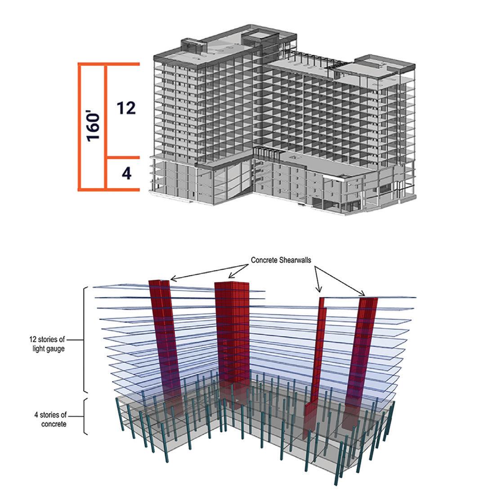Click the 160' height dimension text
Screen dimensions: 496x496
click(94, 127)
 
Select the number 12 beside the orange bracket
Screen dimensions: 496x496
click(125, 108)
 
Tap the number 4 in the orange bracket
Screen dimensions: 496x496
click(127, 173)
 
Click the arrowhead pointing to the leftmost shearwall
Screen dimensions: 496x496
click(173, 280)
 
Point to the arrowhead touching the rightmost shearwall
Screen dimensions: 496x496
click(362, 295)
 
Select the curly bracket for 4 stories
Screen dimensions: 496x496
click(85, 416)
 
